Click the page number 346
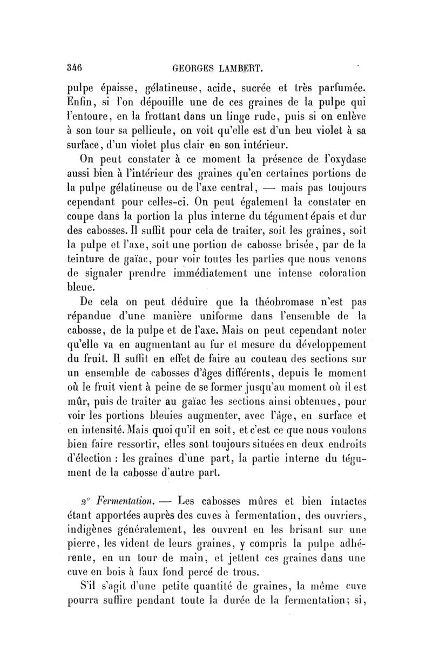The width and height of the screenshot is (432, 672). [73, 68]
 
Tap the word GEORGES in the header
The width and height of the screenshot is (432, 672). [193, 69]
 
